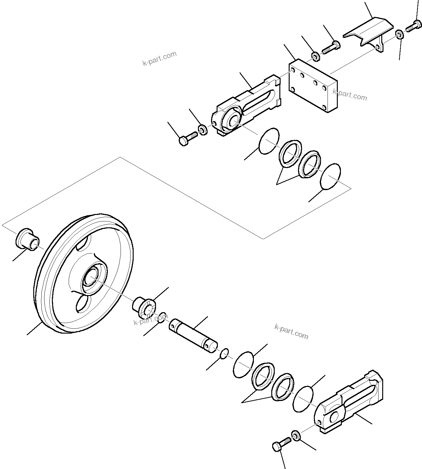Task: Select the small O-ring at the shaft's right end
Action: pyautogui.click(x=224, y=353)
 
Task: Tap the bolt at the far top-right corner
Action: pyautogui.click(x=413, y=26)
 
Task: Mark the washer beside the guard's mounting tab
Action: pyautogui.click(x=400, y=34)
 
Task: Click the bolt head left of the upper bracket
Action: pyautogui.click(x=186, y=139)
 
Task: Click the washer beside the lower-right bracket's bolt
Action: pyautogui.click(x=296, y=435)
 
